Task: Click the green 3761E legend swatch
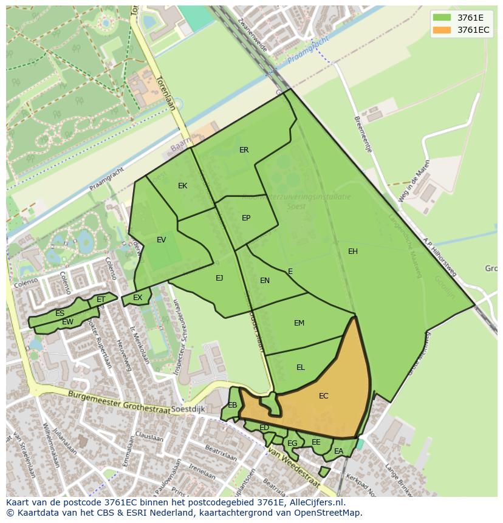click(x=442, y=18)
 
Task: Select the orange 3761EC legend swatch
click(x=442, y=30)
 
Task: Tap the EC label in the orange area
click(x=324, y=396)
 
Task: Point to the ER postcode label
click(x=244, y=150)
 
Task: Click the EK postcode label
click(x=183, y=186)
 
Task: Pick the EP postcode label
click(x=246, y=218)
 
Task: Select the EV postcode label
click(x=161, y=240)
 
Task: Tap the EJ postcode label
click(x=219, y=278)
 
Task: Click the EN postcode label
click(x=265, y=281)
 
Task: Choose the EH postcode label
click(x=353, y=251)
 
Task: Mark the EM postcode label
click(x=299, y=323)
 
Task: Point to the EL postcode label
click(x=301, y=367)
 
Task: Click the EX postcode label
click(x=138, y=298)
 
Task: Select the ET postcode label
click(x=101, y=299)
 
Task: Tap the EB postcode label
click(x=233, y=405)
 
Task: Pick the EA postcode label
click(x=338, y=451)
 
